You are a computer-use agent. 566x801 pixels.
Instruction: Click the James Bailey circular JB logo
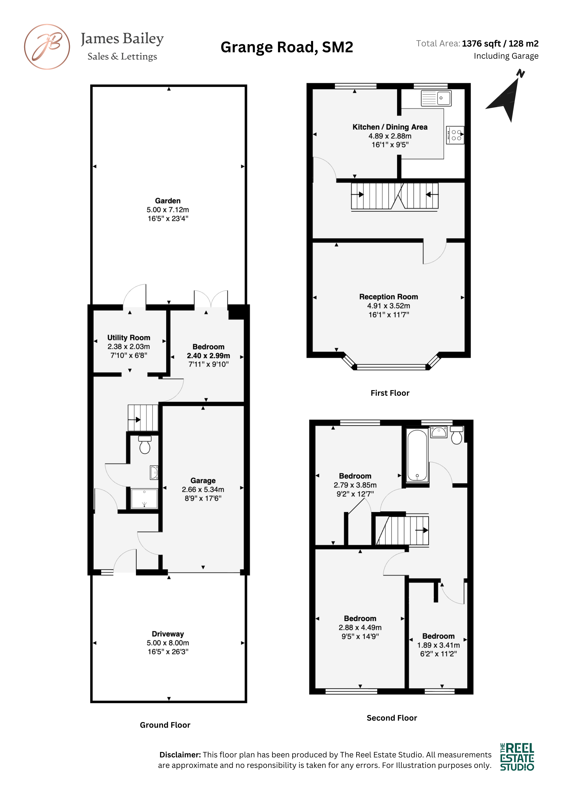pyautogui.click(x=47, y=47)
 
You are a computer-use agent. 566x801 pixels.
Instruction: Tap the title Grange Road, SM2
pyautogui.click(x=287, y=47)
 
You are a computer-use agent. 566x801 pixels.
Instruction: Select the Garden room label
pyautogui.click(x=168, y=201)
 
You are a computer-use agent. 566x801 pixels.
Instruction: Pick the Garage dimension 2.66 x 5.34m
pyautogui.click(x=203, y=490)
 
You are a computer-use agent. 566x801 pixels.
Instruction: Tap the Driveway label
pyautogui.click(x=168, y=634)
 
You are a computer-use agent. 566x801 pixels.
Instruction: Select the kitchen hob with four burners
pyautogui.click(x=455, y=135)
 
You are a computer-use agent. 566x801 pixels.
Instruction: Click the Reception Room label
pyautogui.click(x=388, y=297)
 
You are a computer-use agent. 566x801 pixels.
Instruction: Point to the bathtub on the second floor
pyautogui.click(x=417, y=455)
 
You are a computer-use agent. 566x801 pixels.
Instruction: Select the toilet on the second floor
pyautogui.click(x=456, y=435)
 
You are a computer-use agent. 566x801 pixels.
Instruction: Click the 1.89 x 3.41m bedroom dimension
pyautogui.click(x=438, y=645)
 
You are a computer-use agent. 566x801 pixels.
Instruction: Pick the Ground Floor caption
pyautogui.click(x=165, y=725)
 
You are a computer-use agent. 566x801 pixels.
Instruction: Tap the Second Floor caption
pyautogui.click(x=392, y=718)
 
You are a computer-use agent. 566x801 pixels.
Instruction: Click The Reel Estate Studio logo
pyautogui.click(x=517, y=757)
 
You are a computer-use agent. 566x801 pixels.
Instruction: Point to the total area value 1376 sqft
pyautogui.click(x=481, y=44)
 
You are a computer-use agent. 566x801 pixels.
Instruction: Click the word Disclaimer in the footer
pyautogui.click(x=180, y=755)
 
